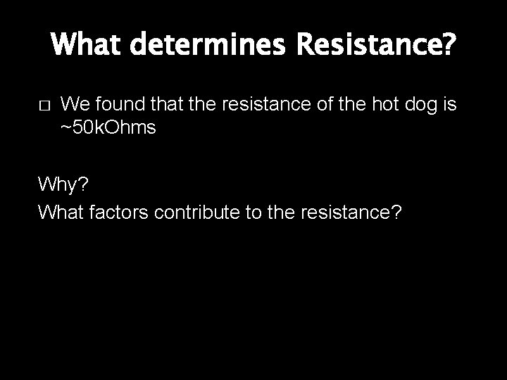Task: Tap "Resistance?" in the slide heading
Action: click(x=377, y=47)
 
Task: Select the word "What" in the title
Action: click(x=85, y=47)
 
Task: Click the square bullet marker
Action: click(x=43, y=106)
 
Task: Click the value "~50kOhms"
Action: click(x=108, y=128)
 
